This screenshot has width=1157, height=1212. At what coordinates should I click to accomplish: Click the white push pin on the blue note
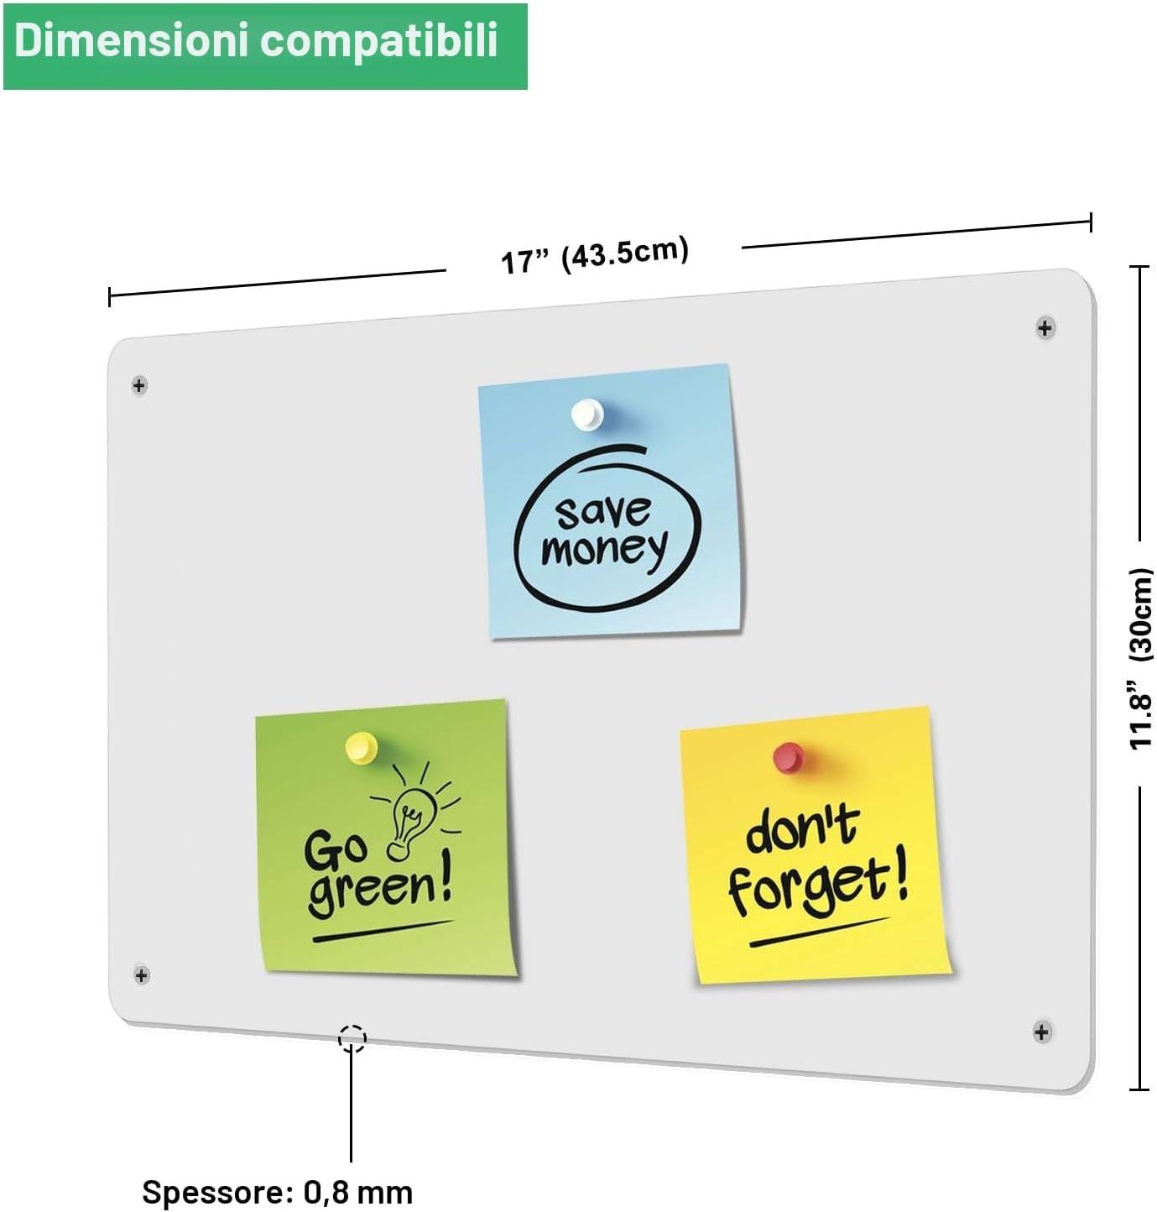(587, 414)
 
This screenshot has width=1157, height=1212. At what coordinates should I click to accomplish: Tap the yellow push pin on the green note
(361, 747)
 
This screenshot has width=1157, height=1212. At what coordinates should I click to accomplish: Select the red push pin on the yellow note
(789, 757)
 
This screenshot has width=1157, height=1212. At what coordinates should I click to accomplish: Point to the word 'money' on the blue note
(604, 550)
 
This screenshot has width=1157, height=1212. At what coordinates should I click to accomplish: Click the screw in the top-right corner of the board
(1045, 327)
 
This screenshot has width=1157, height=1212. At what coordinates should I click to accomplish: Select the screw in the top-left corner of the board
(139, 385)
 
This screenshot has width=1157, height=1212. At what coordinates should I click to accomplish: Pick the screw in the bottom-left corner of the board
(141, 974)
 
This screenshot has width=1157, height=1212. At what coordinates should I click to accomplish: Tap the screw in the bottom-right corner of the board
(1042, 1032)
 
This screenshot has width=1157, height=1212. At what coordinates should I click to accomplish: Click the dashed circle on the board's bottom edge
(352, 1038)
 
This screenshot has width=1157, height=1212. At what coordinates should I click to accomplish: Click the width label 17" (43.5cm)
(595, 254)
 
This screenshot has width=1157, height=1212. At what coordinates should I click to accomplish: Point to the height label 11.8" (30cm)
(1140, 658)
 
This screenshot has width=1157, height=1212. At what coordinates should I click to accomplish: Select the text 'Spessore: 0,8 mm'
(277, 1192)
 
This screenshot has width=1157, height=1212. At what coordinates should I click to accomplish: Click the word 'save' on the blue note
(603, 511)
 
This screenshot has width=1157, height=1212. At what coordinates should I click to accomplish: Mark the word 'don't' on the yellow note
(803, 828)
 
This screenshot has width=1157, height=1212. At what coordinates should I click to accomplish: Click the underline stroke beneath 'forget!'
(820, 932)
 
